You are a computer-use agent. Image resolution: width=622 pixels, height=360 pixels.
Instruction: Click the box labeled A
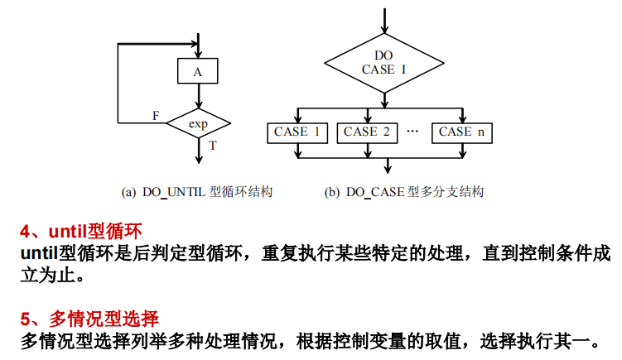(x=198, y=72)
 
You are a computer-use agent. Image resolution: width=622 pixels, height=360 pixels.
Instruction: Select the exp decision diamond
(x=198, y=124)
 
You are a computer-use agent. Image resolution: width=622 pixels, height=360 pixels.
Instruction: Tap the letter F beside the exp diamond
(x=156, y=115)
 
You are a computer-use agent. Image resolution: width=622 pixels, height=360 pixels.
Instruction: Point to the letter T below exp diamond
(x=213, y=146)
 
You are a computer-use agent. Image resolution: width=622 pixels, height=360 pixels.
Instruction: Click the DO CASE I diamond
(x=384, y=63)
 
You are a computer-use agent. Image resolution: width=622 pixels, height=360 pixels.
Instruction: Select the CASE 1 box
(x=297, y=132)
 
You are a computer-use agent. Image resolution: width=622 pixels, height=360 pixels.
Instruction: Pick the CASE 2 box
(x=367, y=132)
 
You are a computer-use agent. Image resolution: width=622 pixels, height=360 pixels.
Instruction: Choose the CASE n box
(x=461, y=132)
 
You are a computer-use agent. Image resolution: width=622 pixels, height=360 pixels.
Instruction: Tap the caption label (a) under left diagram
(x=128, y=192)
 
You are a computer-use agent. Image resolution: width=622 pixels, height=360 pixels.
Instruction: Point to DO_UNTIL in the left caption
(x=173, y=192)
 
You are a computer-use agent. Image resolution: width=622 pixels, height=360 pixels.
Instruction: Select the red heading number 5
(x=26, y=318)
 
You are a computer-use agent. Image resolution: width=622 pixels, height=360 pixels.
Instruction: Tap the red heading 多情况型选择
(x=104, y=318)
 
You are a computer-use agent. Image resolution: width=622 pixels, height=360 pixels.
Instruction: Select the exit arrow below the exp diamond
(x=199, y=151)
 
